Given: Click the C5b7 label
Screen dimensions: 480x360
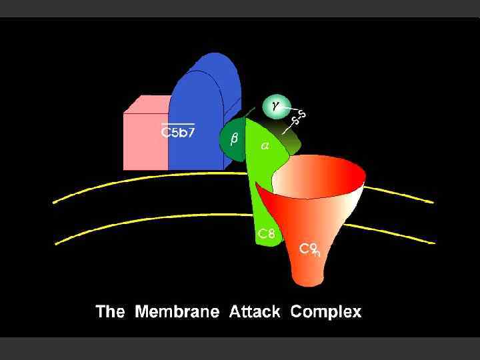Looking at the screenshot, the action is (178, 132).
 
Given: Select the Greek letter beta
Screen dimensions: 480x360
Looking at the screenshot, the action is (233, 139).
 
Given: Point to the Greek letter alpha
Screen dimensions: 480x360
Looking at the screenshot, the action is (265, 146).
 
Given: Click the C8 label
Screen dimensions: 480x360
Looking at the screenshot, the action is (267, 233).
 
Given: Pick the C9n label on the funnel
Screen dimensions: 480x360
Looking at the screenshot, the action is (309, 249).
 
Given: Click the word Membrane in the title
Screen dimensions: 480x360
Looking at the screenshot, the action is (177, 311).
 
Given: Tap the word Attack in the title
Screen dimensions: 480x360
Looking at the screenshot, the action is (255, 311).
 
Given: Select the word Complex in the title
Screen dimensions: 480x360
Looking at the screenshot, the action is (326, 311).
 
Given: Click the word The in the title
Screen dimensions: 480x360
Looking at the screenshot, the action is (110, 311).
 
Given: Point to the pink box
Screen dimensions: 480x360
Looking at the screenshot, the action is (145, 137).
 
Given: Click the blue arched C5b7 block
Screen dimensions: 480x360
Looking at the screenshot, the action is (203, 100).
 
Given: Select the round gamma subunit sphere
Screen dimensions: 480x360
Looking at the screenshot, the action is (277, 106).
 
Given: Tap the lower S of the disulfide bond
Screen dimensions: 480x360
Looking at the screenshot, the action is (295, 121).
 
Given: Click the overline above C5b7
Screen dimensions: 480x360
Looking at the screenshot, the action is (178, 123).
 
